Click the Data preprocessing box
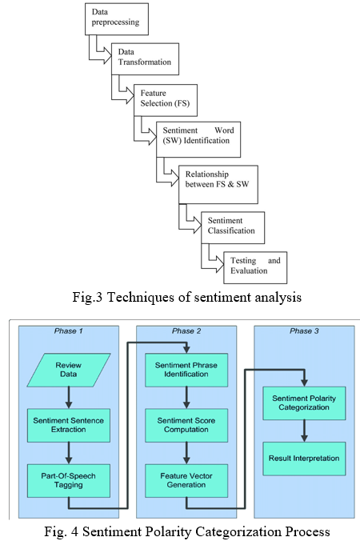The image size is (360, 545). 117,19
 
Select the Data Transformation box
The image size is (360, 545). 146,58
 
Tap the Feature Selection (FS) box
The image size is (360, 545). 166,100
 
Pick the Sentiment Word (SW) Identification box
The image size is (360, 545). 198,139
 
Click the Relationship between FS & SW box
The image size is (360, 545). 218,185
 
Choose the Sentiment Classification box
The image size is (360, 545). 233,227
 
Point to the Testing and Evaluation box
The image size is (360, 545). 255,267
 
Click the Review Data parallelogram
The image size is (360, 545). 69,370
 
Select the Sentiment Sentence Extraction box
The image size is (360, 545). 69,426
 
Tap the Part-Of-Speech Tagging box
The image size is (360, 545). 69,481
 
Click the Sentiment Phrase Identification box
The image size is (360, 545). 186,370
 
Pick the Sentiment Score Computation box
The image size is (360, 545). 186,426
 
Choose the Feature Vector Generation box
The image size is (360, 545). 186,481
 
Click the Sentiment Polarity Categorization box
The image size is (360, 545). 305,403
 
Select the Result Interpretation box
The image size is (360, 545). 305,459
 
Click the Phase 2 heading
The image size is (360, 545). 186,331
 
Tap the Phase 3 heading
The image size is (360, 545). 305,331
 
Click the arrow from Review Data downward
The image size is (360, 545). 69,398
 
